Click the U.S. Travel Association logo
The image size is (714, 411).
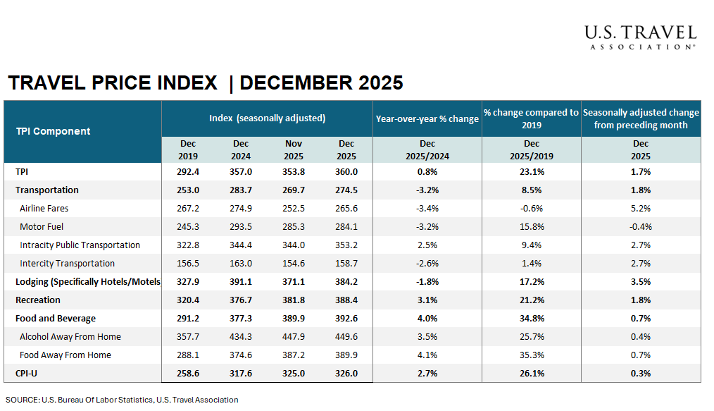(639, 37)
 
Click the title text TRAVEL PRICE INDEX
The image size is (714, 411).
(113, 83)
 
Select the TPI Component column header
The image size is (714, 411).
(54, 131)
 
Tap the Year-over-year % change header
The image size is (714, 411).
(427, 118)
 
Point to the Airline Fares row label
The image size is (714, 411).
(44, 209)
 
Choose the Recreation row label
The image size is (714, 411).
(38, 300)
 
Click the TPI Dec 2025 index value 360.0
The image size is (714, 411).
(346, 172)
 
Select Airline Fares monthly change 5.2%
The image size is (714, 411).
(641, 209)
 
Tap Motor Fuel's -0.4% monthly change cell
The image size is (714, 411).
(641, 227)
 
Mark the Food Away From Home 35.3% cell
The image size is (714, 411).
(532, 355)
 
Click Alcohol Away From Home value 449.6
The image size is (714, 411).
(346, 337)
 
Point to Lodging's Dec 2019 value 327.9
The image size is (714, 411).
(188, 282)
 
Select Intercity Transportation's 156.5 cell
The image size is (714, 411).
(188, 264)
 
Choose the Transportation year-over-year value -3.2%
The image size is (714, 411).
(427, 190)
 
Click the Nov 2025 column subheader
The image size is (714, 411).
(294, 150)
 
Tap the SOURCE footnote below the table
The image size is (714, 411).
(122, 400)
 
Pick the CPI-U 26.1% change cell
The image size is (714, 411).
(532, 374)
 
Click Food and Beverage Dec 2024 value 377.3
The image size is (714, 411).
(241, 319)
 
